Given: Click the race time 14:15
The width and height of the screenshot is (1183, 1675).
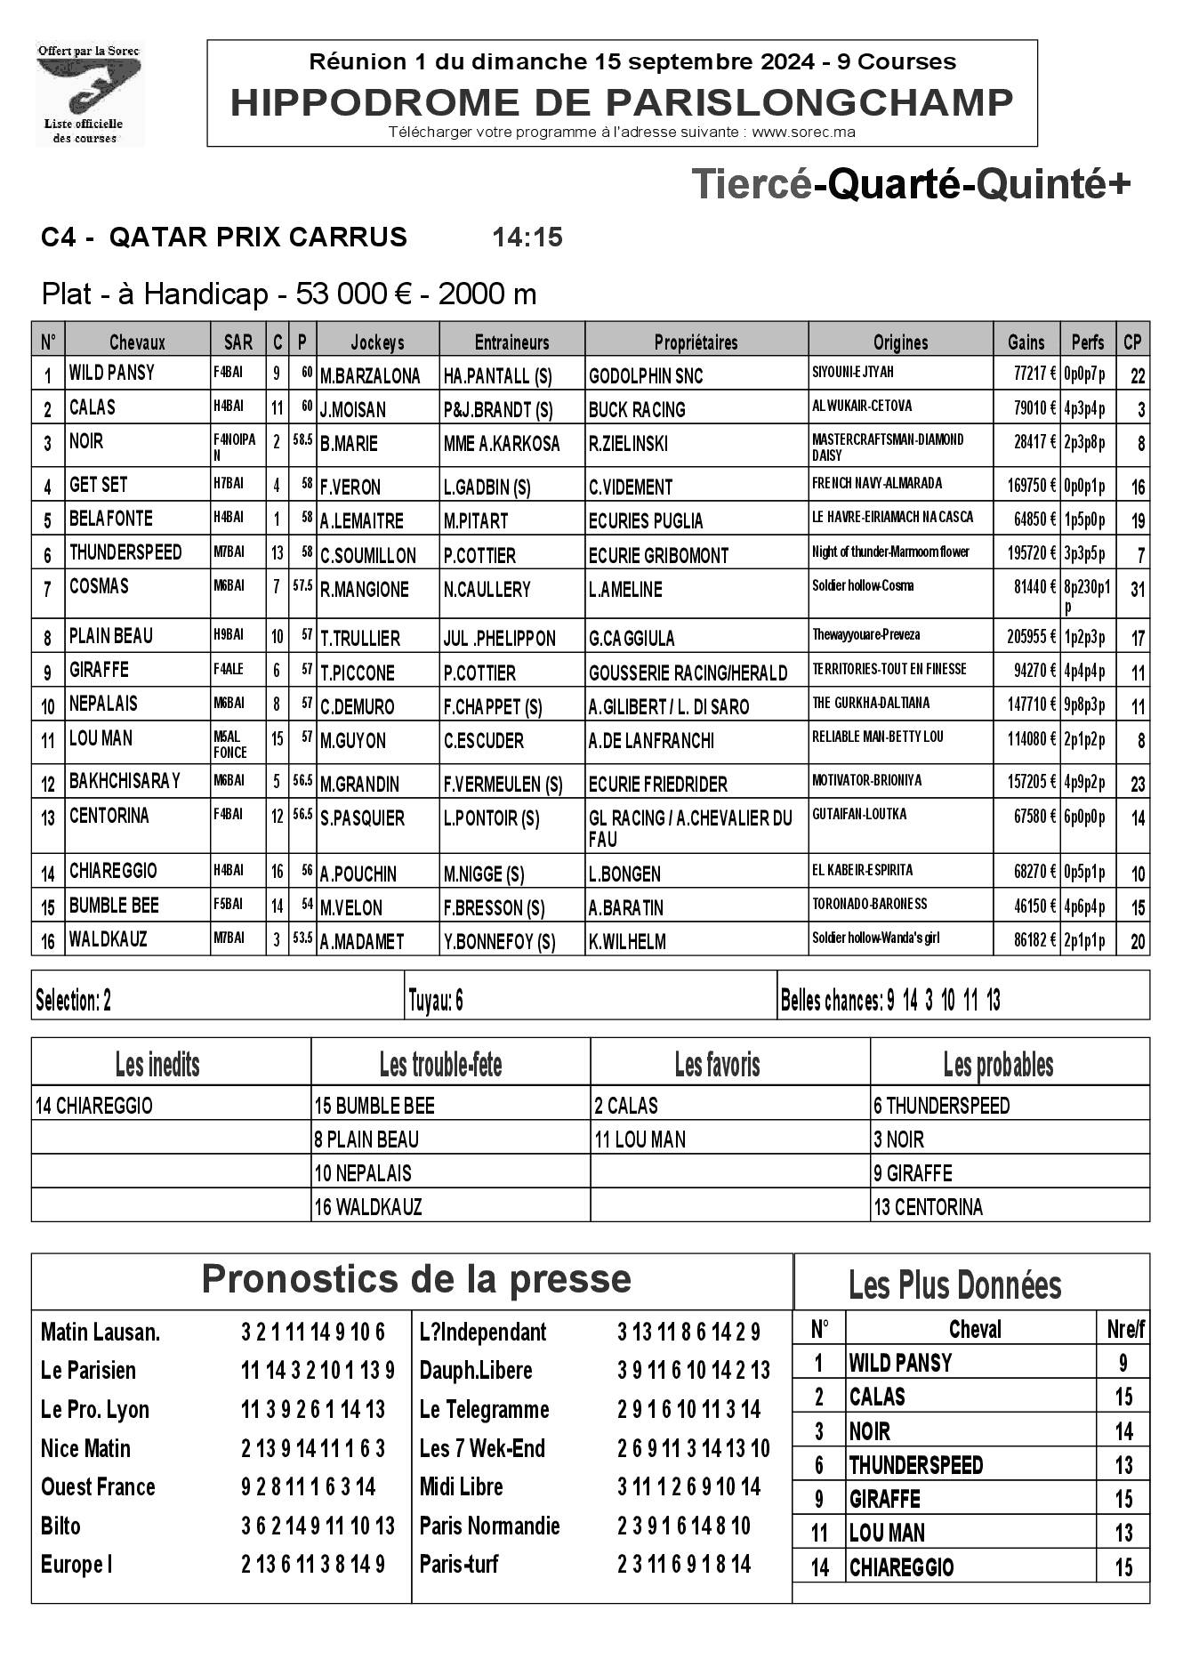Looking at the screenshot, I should [x=527, y=238].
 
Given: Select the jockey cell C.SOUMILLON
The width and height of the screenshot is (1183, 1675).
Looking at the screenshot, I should [x=368, y=556].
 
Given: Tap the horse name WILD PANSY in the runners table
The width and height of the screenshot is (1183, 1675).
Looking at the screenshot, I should [x=112, y=373].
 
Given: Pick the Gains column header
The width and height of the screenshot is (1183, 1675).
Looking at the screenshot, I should [x=1026, y=342].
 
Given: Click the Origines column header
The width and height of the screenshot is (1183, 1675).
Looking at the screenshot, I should [x=900, y=342].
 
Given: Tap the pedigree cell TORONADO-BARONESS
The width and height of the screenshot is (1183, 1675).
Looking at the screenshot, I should [x=869, y=904].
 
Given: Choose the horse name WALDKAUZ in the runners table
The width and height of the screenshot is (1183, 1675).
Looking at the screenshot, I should [x=109, y=939].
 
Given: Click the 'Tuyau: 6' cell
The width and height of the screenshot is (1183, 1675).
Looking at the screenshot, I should [x=436, y=1001].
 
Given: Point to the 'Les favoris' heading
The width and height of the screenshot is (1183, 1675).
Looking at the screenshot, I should [x=717, y=1065].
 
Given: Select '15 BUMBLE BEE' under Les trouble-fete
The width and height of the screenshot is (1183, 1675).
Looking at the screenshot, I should [x=374, y=1106].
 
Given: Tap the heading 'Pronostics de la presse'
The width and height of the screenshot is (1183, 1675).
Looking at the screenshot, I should [x=416, y=1279].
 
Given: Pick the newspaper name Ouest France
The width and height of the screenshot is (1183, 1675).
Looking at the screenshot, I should [x=98, y=1487].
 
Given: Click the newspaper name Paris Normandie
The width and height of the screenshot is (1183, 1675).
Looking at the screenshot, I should [x=489, y=1526].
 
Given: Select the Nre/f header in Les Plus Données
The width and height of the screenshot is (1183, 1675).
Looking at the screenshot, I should [x=1125, y=1330].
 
